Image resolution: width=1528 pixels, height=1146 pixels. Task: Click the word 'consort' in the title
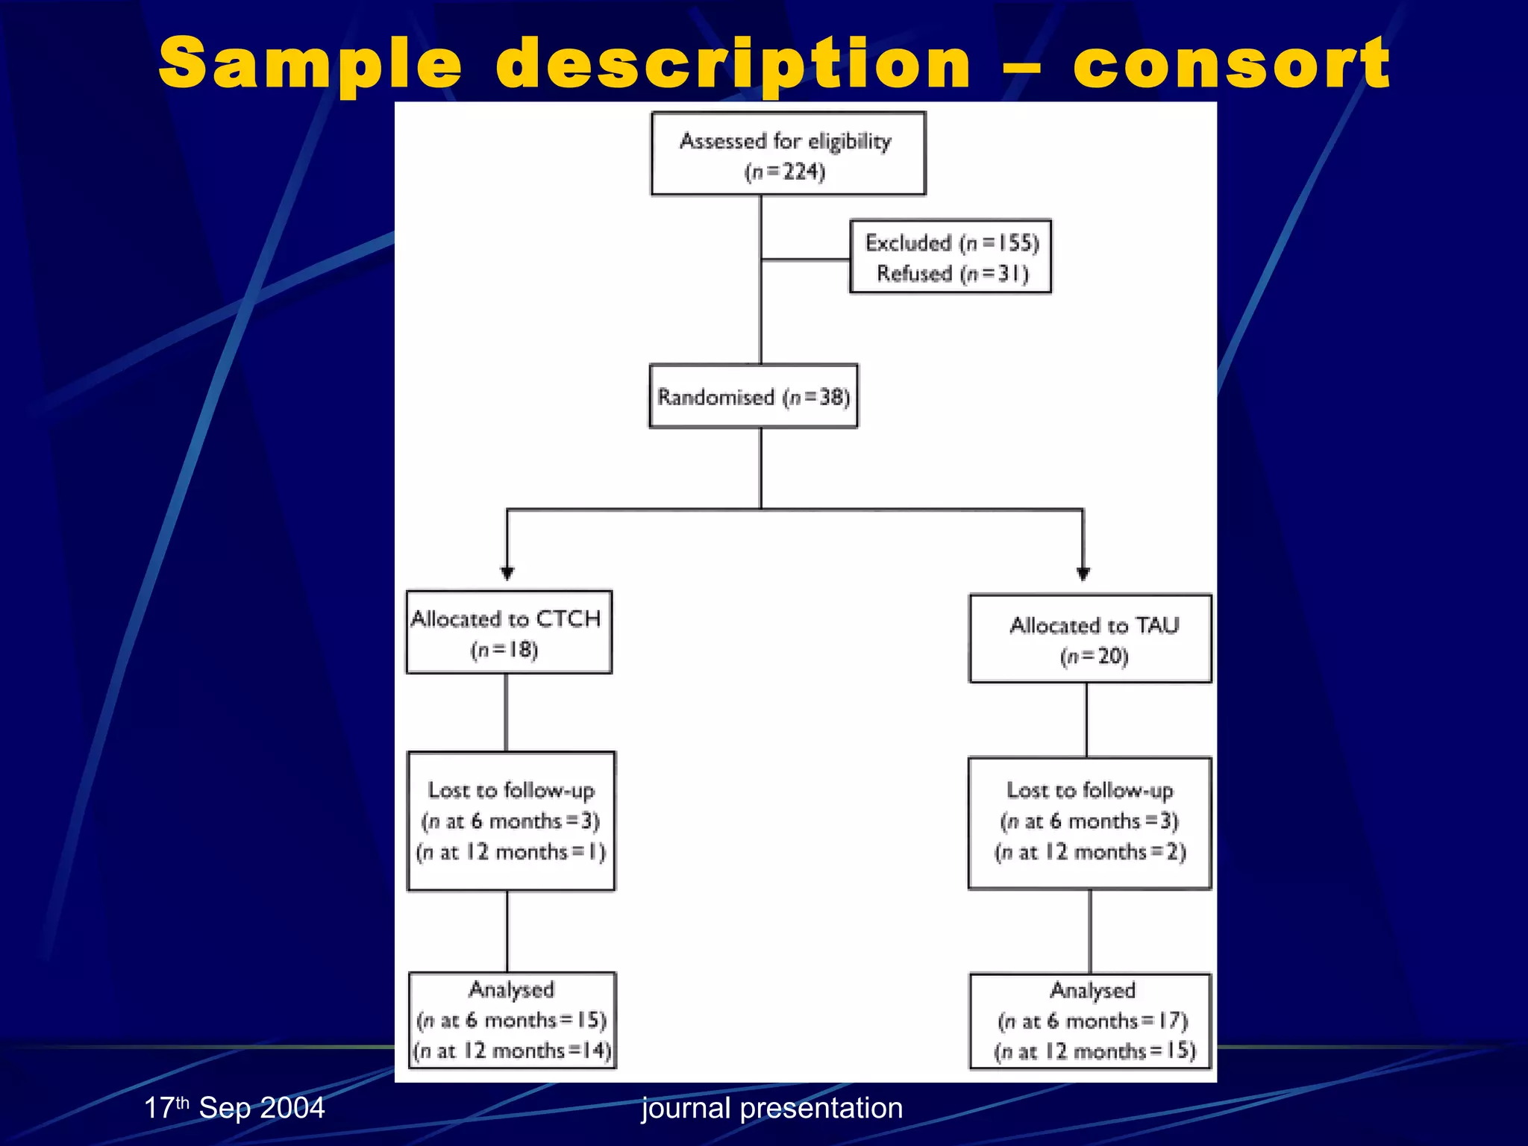(1231, 64)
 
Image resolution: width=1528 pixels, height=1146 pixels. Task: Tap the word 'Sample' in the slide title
(310, 64)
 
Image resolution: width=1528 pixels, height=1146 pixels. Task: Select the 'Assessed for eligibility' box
(788, 154)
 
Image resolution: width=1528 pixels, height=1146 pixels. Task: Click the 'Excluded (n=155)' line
(952, 242)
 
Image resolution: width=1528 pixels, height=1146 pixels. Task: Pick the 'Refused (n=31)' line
(952, 274)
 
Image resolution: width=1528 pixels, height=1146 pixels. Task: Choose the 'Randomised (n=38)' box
(754, 396)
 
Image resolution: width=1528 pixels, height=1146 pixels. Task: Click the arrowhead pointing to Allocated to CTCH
(507, 572)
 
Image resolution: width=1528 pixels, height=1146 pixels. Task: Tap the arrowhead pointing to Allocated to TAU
(1083, 572)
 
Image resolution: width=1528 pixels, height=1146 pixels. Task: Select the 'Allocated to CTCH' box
(509, 632)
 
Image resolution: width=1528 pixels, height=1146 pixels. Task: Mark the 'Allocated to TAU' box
(1090, 639)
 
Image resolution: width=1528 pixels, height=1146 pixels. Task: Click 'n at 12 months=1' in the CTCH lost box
(511, 852)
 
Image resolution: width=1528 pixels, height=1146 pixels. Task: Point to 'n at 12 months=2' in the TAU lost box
(1090, 852)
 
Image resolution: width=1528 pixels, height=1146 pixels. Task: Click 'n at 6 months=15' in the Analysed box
(512, 1020)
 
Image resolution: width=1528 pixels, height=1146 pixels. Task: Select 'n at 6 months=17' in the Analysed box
(1092, 1021)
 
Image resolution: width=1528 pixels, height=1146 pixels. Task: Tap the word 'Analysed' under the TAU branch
(1092, 990)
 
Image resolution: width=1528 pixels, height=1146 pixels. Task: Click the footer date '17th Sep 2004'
(234, 1108)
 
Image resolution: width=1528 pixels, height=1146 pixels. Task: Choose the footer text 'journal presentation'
(772, 1108)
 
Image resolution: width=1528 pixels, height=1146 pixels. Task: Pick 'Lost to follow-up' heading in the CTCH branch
(511, 790)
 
